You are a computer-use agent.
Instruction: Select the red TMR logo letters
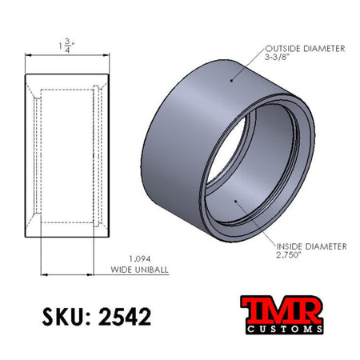(282, 307)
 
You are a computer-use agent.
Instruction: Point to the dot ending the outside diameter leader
(231, 80)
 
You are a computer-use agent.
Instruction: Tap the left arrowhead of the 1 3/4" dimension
(30, 55)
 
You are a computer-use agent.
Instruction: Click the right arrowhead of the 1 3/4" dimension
(108, 55)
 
